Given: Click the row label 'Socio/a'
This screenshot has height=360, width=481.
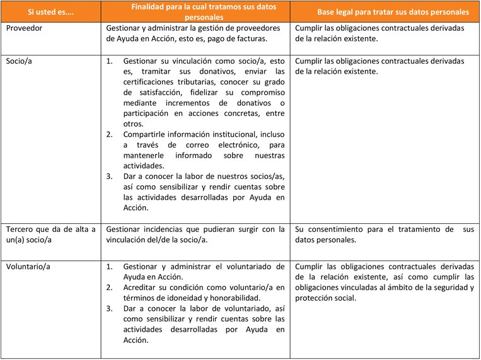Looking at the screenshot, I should (21, 61).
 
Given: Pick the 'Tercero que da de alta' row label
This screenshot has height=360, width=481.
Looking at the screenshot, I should (50, 229).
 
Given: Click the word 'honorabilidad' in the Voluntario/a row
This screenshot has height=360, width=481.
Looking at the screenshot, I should (250, 298).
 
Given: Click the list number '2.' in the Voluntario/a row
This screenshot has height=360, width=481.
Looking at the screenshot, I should (110, 287).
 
